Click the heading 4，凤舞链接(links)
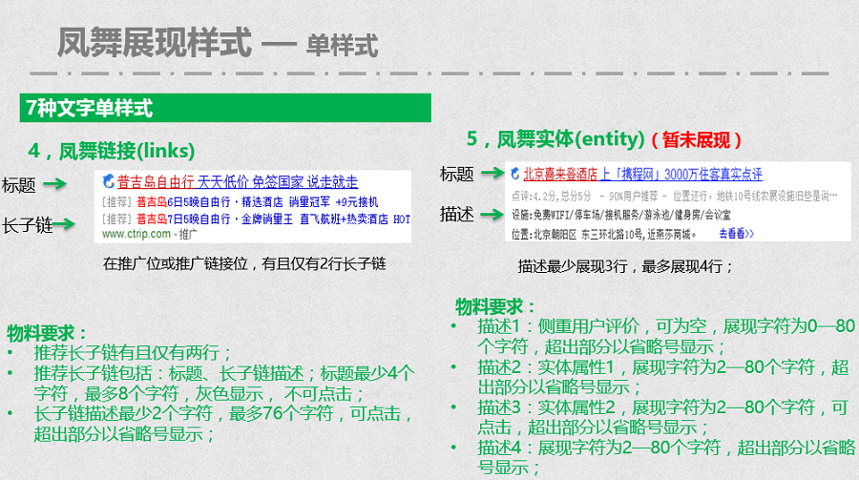(112, 151)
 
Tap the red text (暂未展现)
(696, 140)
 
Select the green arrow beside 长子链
(64, 225)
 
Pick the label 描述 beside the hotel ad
(456, 214)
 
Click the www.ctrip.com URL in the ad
(136, 234)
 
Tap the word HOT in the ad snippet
(402, 219)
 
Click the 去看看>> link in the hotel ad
(736, 233)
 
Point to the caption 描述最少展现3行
(625, 266)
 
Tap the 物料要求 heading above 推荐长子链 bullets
(47, 333)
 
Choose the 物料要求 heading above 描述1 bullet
(495, 306)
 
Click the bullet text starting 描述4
(664, 456)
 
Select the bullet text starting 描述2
(662, 376)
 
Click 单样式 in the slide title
(342, 45)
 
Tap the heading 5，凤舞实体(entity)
(551, 139)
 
